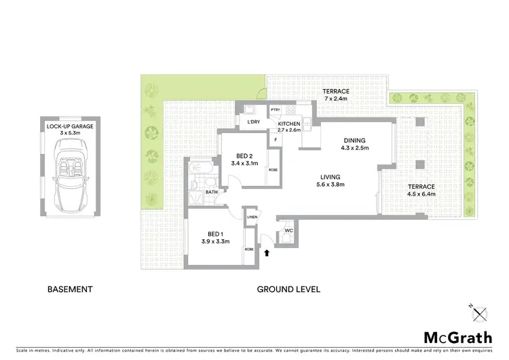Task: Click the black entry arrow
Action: coord(267,253)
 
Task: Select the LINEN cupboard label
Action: coord(252,217)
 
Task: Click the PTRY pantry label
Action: coord(276,110)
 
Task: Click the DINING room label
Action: coord(354,141)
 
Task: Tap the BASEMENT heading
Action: coord(69,289)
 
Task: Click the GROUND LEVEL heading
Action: coord(288,289)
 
